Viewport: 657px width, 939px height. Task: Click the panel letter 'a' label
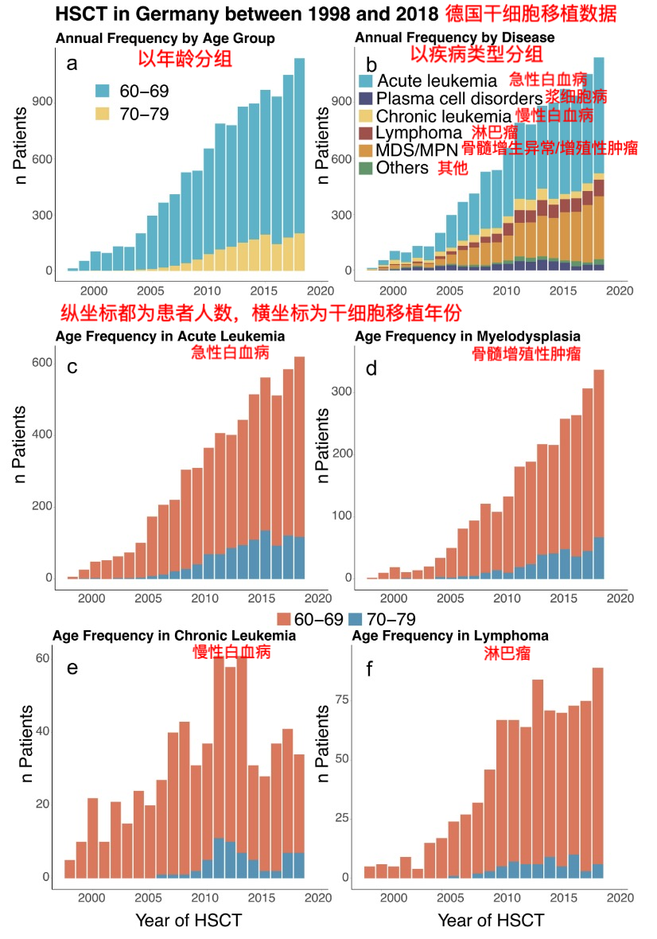pos(72,64)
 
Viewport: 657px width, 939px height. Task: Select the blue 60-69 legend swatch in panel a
pos(105,92)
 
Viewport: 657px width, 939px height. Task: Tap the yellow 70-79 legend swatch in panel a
pos(105,114)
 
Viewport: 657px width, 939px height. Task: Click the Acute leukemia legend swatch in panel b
pos(366,80)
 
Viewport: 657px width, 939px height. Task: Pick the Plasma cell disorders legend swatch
pos(366,98)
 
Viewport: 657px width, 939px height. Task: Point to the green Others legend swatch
pos(366,168)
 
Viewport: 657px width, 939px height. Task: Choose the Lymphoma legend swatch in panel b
pos(366,133)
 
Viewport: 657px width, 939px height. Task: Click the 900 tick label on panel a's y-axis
pos(42,101)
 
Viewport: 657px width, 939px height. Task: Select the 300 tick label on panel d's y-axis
pos(340,392)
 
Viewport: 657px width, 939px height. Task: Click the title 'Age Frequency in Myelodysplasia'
pos(468,337)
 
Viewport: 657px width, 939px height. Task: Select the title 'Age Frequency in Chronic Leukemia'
pos(174,636)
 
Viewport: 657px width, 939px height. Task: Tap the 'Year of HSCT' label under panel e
pos(189,921)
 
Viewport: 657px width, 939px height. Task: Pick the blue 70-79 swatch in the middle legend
pos(357,619)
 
